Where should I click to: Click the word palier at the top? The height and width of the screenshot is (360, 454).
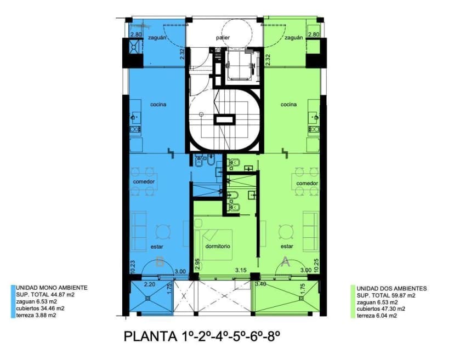pyautogui.click(x=223, y=38)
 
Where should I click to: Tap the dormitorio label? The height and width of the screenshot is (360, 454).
pyautogui.click(x=218, y=246)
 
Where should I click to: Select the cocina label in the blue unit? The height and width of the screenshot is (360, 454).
pyautogui.click(x=158, y=104)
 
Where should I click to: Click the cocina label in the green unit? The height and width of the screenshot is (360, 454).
pyautogui.click(x=288, y=104)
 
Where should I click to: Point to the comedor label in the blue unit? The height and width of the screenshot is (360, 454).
pyautogui.click(x=144, y=182)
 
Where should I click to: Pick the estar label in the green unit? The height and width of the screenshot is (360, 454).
pyautogui.click(x=287, y=246)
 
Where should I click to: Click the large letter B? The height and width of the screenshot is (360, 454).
pyautogui.click(x=160, y=262)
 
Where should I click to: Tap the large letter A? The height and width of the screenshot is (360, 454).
pyautogui.click(x=285, y=262)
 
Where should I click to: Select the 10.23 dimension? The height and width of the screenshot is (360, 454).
pyautogui.click(x=132, y=267)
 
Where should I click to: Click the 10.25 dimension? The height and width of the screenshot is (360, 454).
pyautogui.click(x=316, y=267)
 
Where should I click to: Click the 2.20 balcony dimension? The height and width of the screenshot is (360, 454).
pyautogui.click(x=150, y=284)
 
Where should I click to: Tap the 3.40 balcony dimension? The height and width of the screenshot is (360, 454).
pyautogui.click(x=261, y=284)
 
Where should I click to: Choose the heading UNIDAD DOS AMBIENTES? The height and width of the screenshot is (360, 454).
pyautogui.click(x=391, y=288)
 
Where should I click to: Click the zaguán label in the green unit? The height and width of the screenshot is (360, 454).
pyautogui.click(x=293, y=38)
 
